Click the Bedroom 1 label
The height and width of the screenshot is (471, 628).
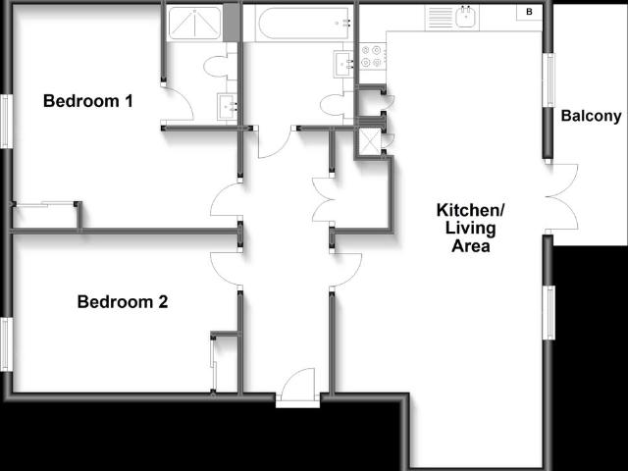pyautogui.click(x=87, y=101)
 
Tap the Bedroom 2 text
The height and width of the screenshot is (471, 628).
pyautogui.click(x=122, y=302)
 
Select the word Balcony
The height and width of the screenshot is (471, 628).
pyautogui.click(x=591, y=117)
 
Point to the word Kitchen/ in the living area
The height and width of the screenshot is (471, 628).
pyautogui.click(x=470, y=211)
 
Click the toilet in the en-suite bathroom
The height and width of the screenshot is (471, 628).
pyautogui.click(x=217, y=67)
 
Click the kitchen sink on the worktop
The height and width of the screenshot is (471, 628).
pyautogui.click(x=464, y=17)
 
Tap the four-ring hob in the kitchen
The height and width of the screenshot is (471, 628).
pyautogui.click(x=373, y=57)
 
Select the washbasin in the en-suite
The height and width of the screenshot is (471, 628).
pyautogui.click(x=227, y=107)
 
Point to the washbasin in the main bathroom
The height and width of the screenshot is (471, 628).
pyautogui.click(x=344, y=63)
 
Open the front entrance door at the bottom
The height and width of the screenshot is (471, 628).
pyautogui.click(x=296, y=387)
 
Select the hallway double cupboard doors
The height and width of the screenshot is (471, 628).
pyautogui.click(x=324, y=200)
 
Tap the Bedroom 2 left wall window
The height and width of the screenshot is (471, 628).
pyautogui.click(x=6, y=344)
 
